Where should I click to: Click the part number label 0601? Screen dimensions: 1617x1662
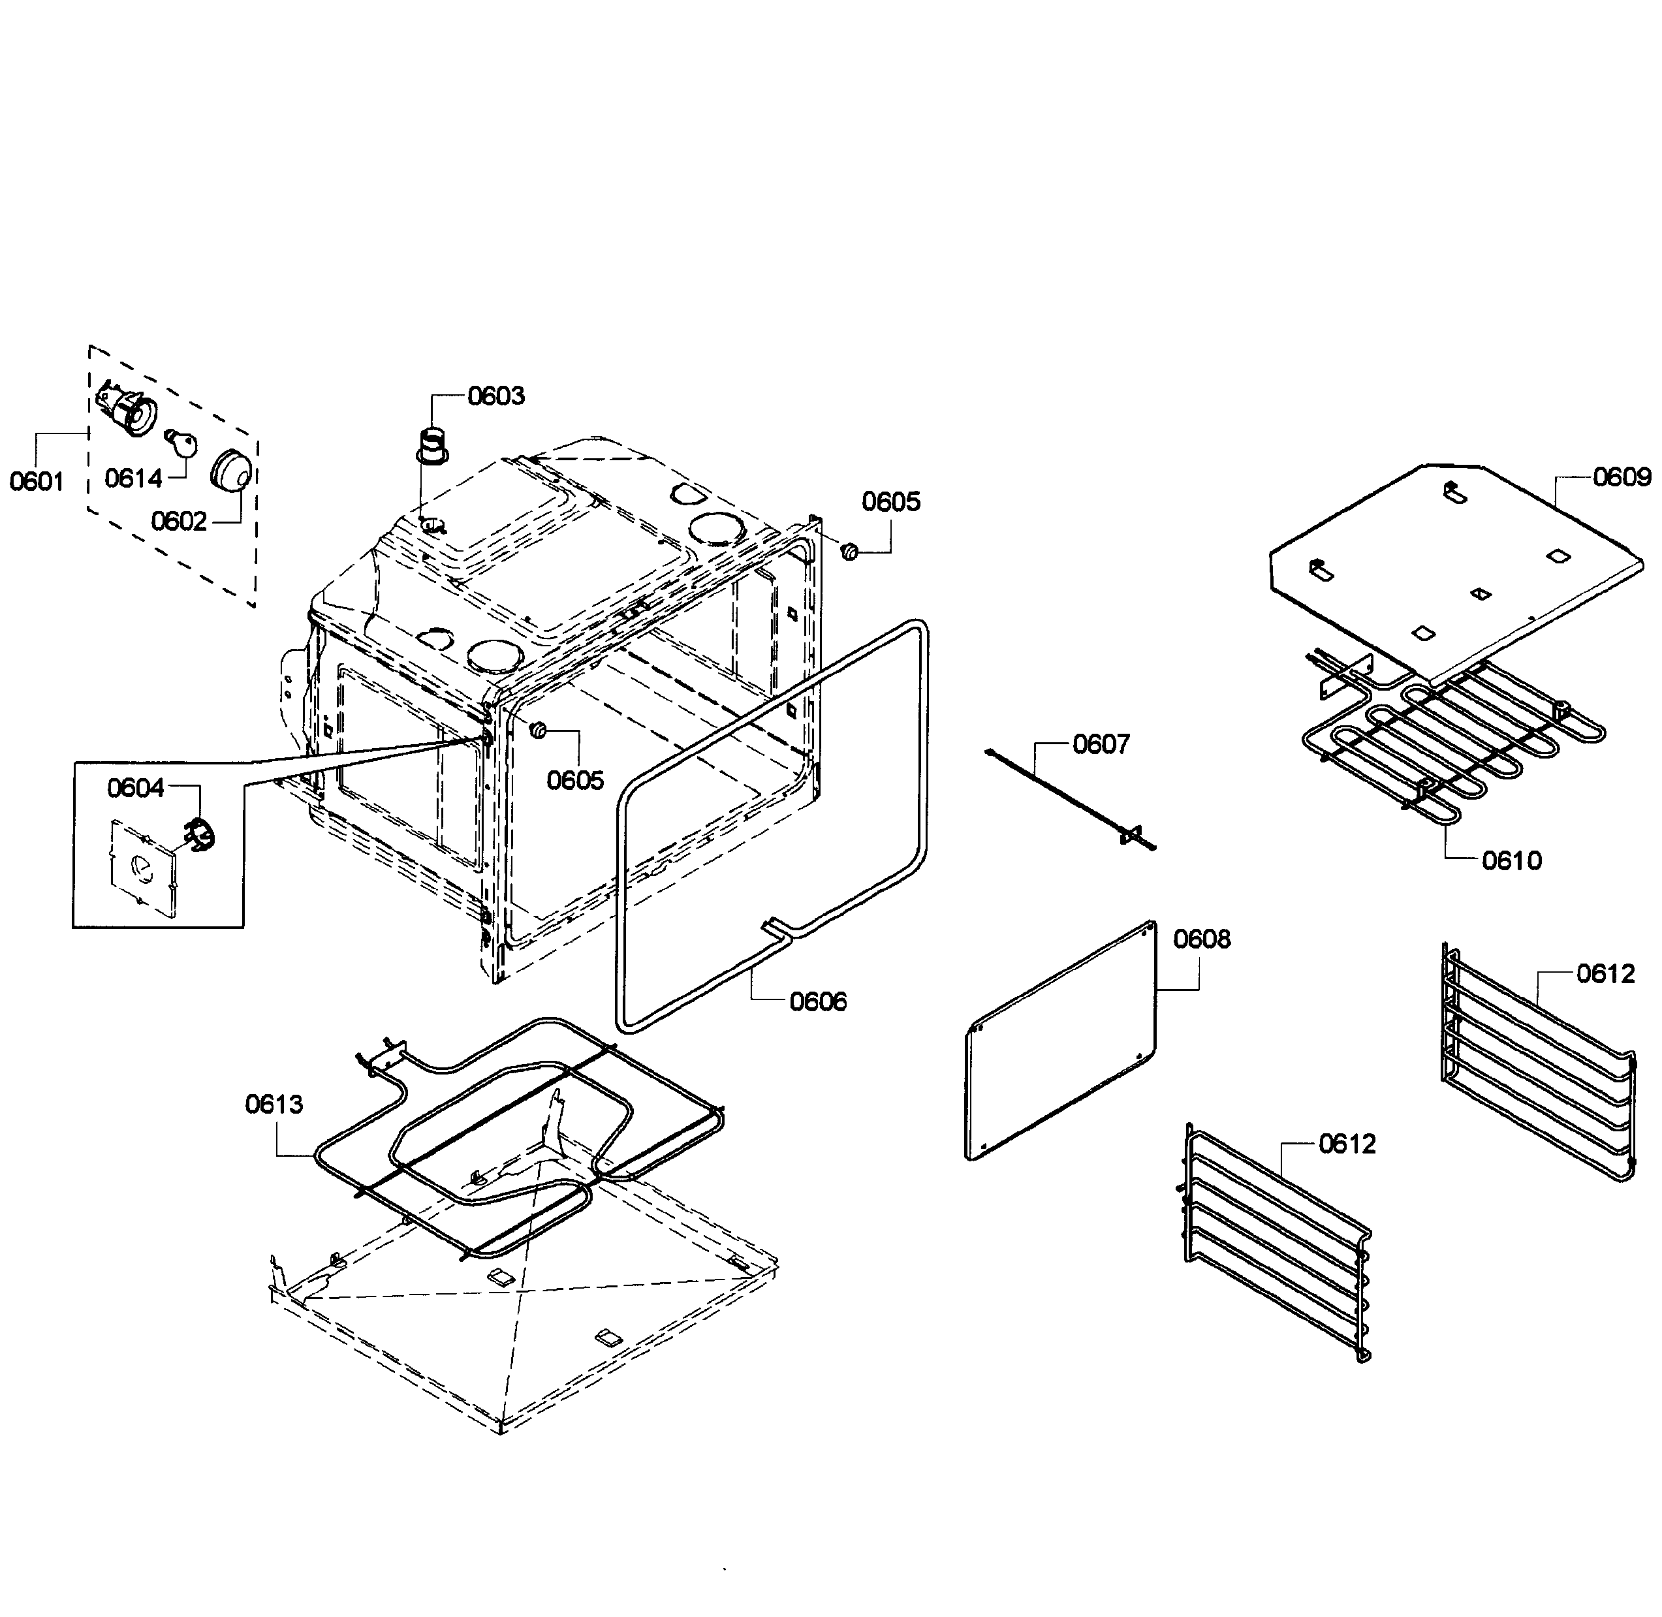(37, 482)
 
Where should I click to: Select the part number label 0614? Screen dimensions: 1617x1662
(133, 478)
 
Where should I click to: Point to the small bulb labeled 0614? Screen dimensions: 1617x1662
(181, 441)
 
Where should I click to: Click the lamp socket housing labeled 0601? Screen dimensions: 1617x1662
(127, 409)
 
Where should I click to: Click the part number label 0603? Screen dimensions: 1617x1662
(496, 396)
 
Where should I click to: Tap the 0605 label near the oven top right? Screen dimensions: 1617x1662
(891, 502)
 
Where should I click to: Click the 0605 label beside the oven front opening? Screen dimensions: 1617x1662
(575, 779)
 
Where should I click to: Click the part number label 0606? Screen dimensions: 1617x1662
(818, 1002)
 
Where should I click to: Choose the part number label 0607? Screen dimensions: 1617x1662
(1101, 744)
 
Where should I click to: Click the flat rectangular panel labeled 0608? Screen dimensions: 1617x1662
(1061, 1041)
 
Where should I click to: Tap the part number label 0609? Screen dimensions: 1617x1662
(1622, 477)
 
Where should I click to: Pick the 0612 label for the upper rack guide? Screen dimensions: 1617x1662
(1605, 973)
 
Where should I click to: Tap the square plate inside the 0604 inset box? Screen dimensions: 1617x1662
(143, 866)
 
